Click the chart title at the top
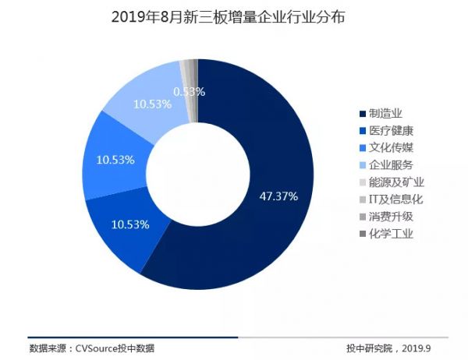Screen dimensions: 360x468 [233, 16]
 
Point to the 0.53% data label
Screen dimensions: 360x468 [190, 91]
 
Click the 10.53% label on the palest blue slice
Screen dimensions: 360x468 [152, 104]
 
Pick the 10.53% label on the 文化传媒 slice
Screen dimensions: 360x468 [115, 159]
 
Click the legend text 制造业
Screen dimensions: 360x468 [385, 113]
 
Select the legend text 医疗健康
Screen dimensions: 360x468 [390, 130]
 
